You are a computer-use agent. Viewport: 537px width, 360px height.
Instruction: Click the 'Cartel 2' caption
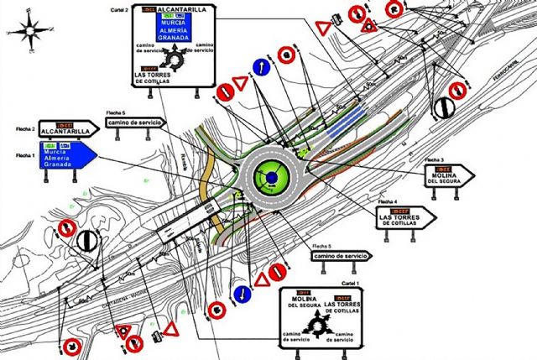(120, 8)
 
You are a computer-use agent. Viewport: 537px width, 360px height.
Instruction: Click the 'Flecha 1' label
(25, 155)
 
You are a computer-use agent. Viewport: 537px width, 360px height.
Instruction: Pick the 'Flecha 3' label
(434, 159)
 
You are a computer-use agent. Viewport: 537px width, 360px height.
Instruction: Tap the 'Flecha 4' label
(387, 202)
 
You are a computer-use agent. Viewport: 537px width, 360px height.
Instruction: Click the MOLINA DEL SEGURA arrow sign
(444, 175)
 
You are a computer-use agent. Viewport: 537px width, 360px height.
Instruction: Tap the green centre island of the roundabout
(272, 177)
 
